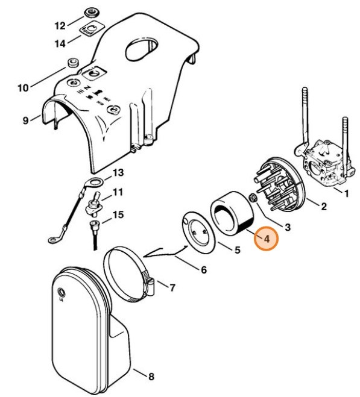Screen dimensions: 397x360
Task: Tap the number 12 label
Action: point(60,26)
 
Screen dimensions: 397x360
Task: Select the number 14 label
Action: point(60,44)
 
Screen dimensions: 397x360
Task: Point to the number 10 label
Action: point(23,88)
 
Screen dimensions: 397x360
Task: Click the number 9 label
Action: point(25,120)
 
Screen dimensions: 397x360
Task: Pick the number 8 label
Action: point(151,377)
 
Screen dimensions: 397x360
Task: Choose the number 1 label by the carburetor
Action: point(346,193)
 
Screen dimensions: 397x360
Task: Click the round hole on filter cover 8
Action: point(61,293)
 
